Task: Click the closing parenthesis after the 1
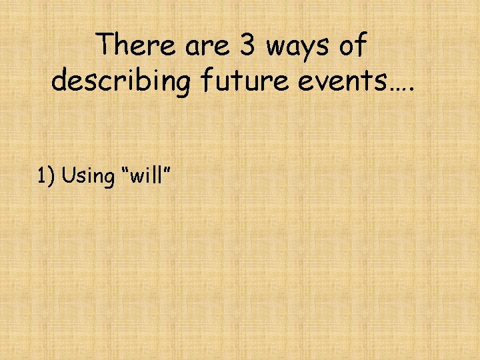pos(52,176)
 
